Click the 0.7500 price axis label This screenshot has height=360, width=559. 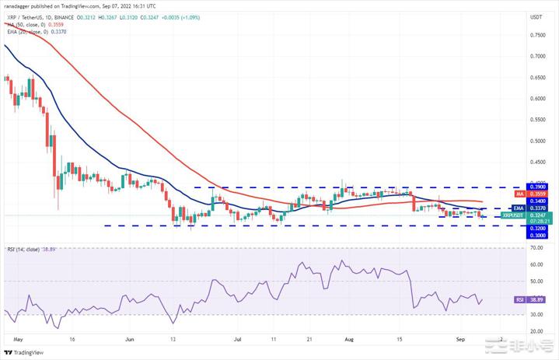click(536, 35)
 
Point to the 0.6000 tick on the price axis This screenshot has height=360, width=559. click(536, 99)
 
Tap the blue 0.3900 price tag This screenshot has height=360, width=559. click(536, 187)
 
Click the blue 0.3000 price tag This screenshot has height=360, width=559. click(536, 234)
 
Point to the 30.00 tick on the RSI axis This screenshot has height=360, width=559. click(536, 314)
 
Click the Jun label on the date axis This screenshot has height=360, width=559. click(129, 340)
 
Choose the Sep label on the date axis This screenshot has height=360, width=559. click(460, 340)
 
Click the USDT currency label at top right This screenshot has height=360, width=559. click(536, 16)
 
